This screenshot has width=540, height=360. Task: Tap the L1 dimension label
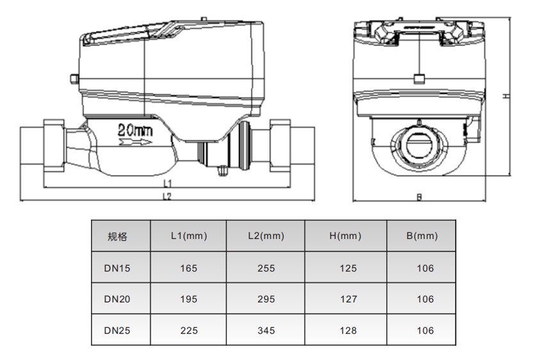pos(167,183)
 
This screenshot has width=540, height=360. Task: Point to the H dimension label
pos(505,95)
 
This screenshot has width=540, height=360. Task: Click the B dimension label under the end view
pos(419,197)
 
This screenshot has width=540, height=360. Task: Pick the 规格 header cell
pos(117,236)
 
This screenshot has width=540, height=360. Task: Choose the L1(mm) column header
pos(189,236)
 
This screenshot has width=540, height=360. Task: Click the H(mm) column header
pos(345,236)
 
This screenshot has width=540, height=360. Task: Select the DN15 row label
pos(117,268)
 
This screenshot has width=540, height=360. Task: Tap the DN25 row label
pos(117,331)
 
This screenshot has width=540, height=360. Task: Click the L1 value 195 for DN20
pos(189,299)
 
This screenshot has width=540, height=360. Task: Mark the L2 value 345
pos(266,331)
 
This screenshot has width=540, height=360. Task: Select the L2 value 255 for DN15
pos(266,268)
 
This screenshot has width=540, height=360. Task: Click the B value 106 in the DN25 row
pos(425,331)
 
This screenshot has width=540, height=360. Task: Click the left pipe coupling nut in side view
pos(54,147)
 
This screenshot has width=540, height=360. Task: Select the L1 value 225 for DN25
pos(189,331)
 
